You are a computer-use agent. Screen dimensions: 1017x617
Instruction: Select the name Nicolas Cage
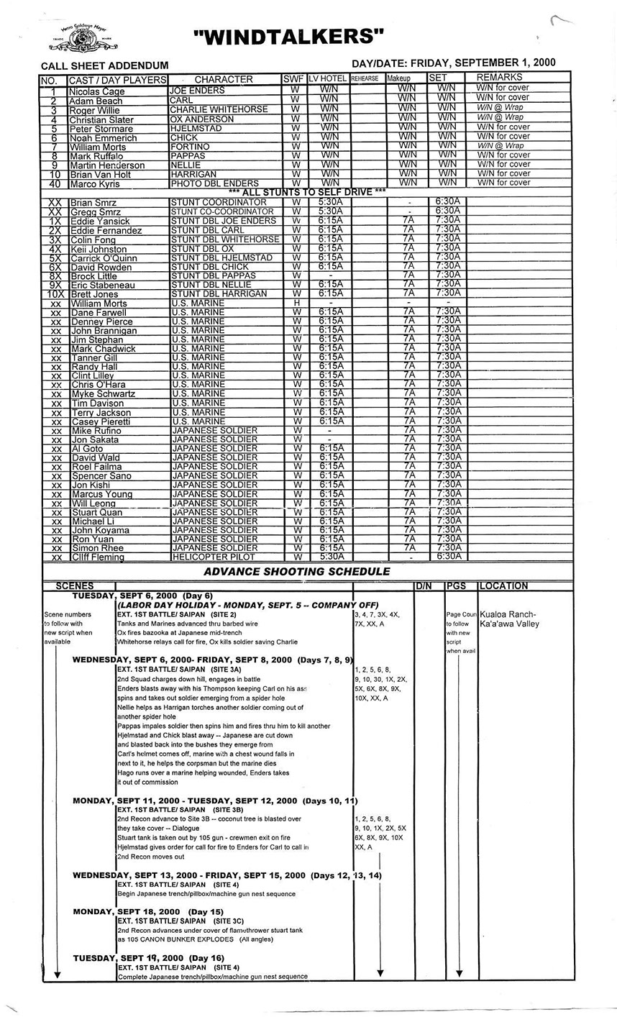[97, 92]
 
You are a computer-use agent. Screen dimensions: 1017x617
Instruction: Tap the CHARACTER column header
[224, 79]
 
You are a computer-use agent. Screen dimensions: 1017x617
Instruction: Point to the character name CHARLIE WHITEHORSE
[219, 109]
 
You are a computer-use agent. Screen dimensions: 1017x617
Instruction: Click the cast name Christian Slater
[101, 119]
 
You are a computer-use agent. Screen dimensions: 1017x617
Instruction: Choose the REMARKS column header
[499, 77]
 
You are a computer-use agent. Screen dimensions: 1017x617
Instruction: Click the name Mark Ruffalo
[97, 156]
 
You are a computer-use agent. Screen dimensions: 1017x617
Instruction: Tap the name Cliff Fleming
[98, 557]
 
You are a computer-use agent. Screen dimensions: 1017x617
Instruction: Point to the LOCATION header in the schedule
[503, 586]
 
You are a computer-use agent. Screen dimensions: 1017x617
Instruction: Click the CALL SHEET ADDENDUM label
[104, 65]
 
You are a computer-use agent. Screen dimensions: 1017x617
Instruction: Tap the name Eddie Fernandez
[102, 231]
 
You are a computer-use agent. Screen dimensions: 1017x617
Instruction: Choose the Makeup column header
[398, 78]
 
